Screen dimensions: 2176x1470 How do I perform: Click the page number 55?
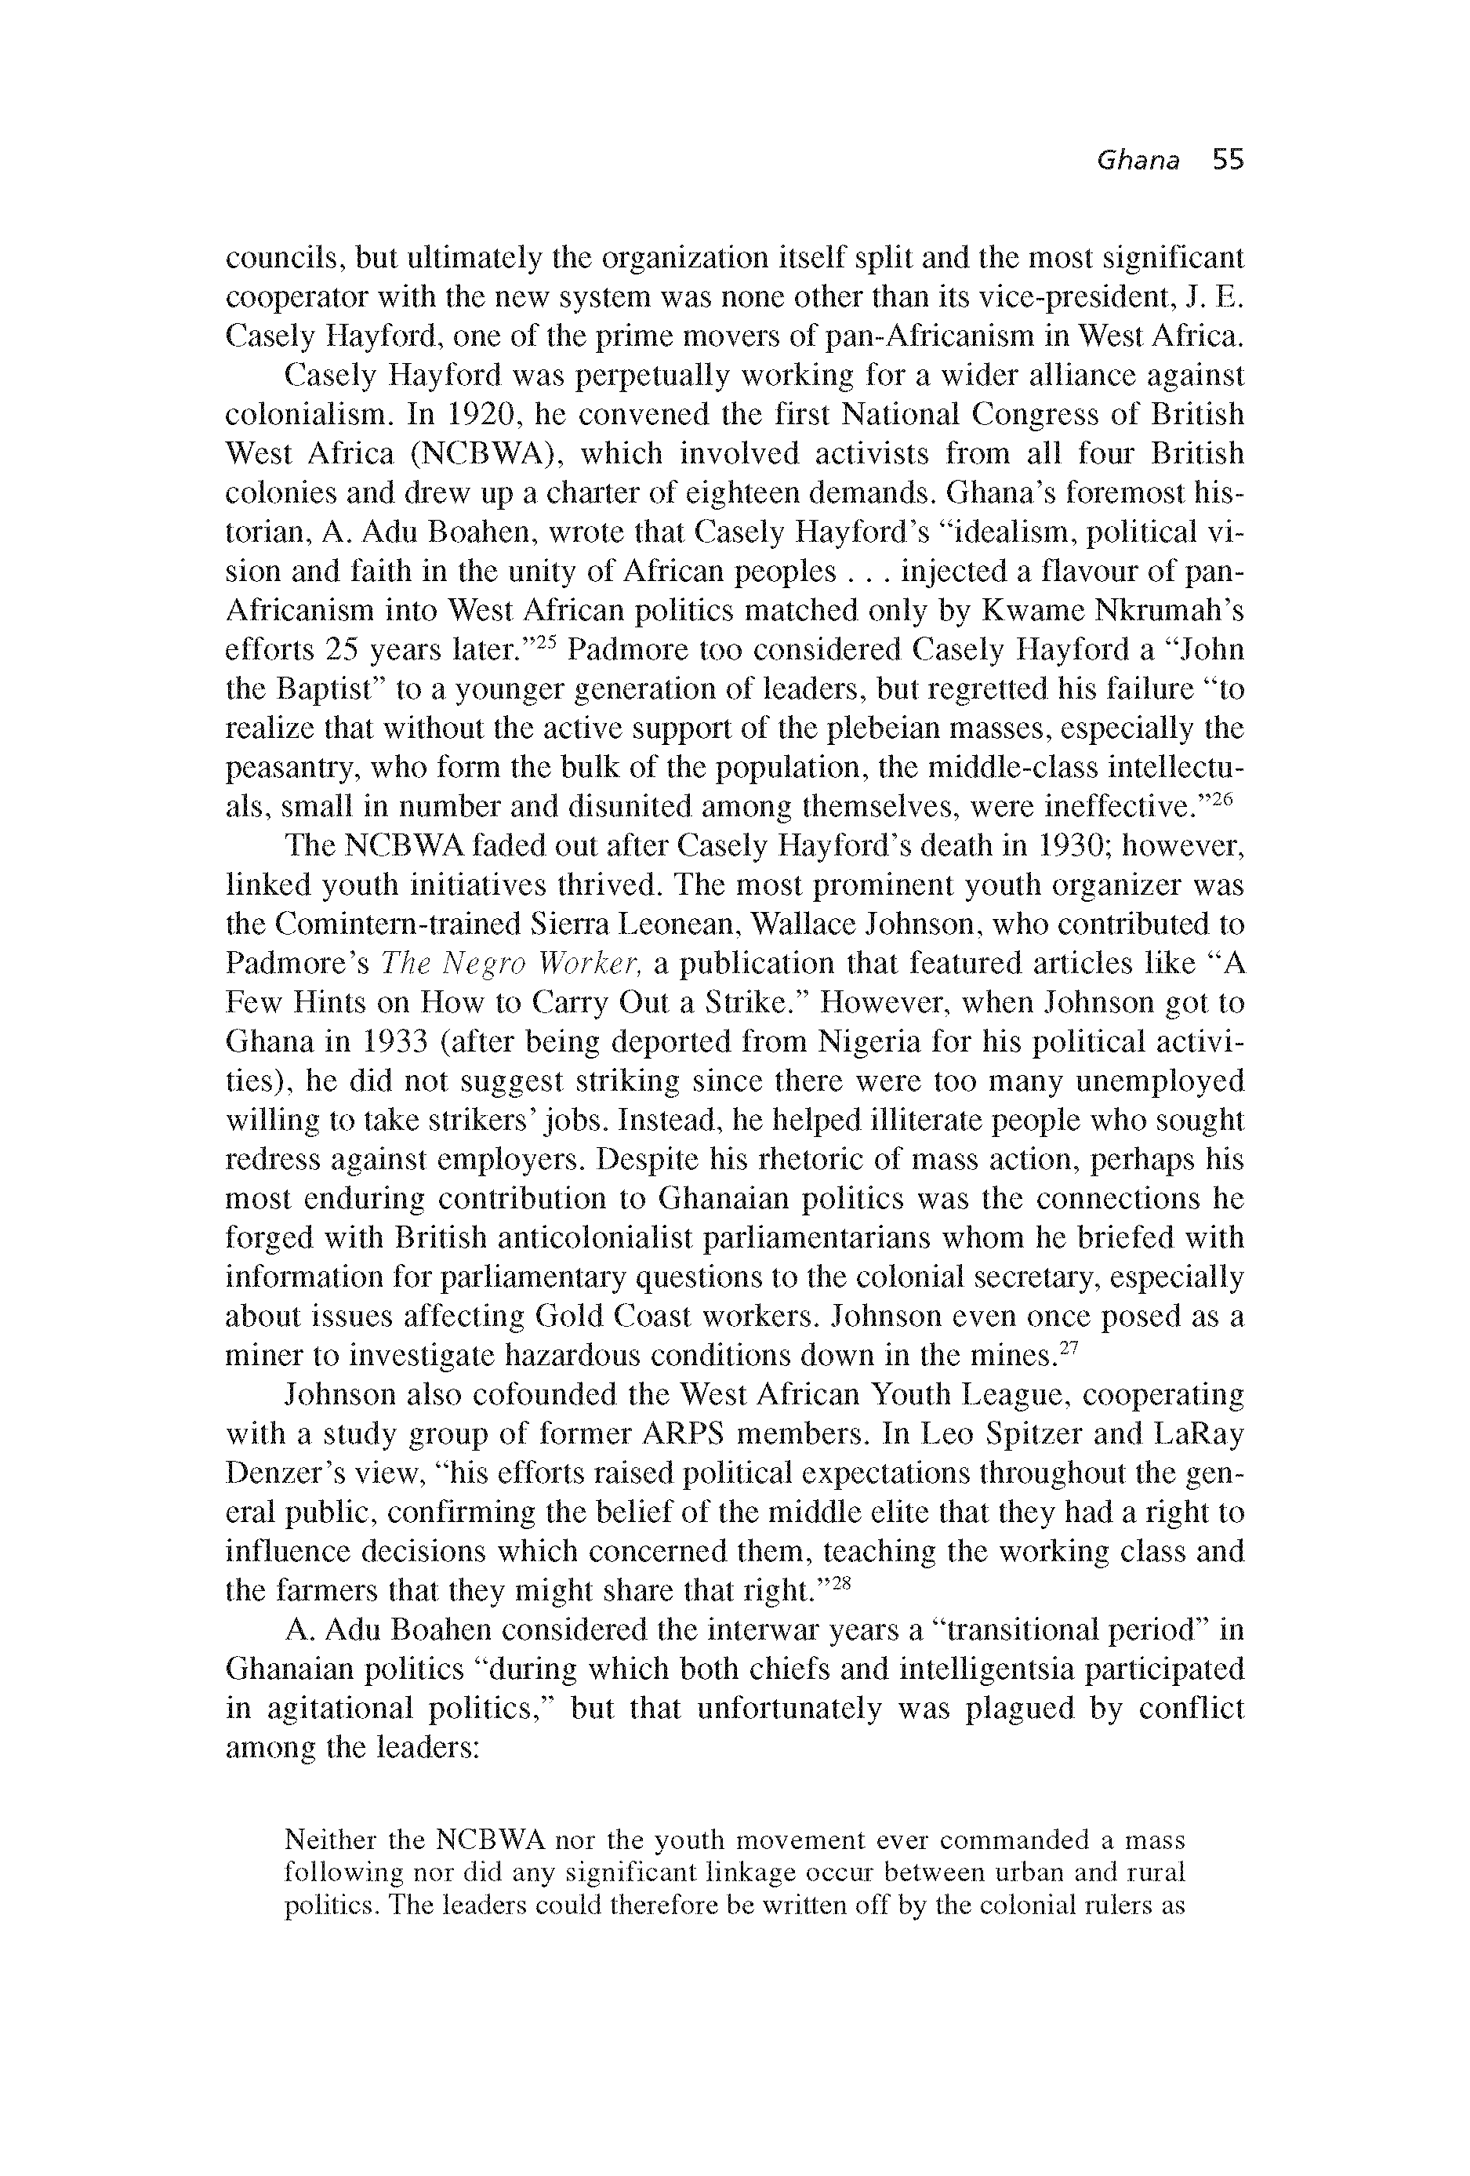1228,161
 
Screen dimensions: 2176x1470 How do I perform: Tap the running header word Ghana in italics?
1138,161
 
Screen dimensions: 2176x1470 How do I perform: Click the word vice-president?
1055,297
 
